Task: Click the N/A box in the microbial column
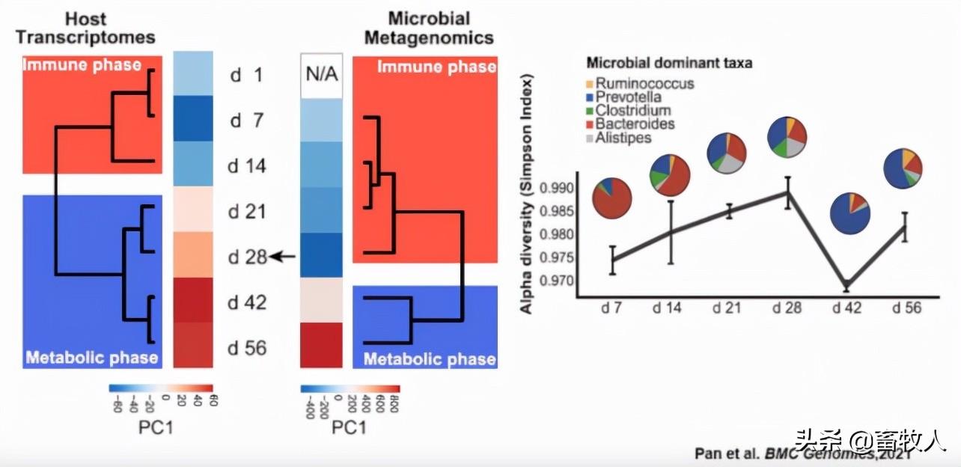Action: pyautogui.click(x=321, y=76)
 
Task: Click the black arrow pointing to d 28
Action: pyautogui.click(x=283, y=257)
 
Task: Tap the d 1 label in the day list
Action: pyautogui.click(x=247, y=76)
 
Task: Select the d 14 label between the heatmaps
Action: pyautogui.click(x=247, y=166)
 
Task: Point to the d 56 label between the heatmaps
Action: pyautogui.click(x=247, y=348)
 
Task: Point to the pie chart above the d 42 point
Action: pyautogui.click(x=850, y=213)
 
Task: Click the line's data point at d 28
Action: pyautogui.click(x=787, y=192)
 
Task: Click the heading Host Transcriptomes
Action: pyautogui.click(x=85, y=28)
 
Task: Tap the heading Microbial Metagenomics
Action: pyautogui.click(x=428, y=28)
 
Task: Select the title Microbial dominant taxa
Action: pyautogui.click(x=669, y=64)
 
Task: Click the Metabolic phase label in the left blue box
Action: pyautogui.click(x=92, y=357)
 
